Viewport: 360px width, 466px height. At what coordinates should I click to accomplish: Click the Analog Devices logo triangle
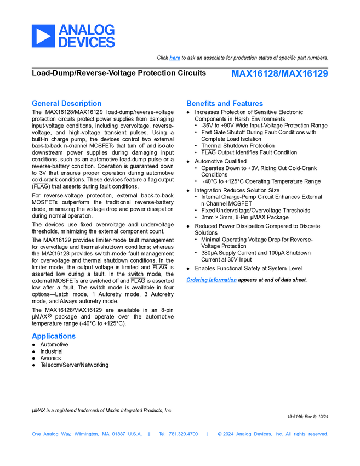43,36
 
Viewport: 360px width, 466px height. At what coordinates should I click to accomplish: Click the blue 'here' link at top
175,58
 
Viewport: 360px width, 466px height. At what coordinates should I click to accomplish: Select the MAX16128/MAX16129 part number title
279,73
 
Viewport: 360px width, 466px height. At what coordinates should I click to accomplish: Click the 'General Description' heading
66,103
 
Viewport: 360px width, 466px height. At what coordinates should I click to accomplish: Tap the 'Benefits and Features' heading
225,103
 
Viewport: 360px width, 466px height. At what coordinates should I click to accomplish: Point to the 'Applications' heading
54,336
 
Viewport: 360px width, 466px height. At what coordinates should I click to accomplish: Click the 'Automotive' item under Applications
54,345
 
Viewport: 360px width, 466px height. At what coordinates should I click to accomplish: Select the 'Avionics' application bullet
51,358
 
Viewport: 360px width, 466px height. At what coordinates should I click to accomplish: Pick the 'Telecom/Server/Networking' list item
74,365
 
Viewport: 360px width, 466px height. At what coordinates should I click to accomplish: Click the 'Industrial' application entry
52,351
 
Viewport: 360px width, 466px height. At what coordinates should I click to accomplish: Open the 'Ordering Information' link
212,280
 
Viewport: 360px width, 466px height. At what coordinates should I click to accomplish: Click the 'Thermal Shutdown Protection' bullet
238,146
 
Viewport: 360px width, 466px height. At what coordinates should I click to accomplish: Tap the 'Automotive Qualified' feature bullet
220,161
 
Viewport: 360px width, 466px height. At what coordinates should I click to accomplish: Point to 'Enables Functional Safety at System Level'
248,269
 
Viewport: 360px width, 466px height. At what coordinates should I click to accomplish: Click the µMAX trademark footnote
102,410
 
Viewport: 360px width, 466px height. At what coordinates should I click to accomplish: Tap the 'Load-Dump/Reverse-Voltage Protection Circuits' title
119,73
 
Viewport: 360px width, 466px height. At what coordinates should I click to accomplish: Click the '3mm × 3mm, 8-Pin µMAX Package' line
244,217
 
